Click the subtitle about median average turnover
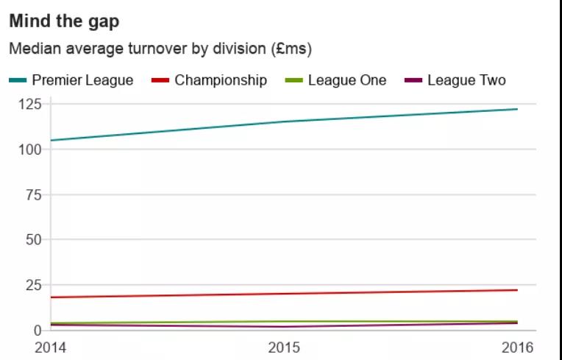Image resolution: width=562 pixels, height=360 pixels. (160, 50)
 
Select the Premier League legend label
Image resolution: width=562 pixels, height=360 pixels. (82, 80)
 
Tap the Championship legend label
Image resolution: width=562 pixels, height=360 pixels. (221, 80)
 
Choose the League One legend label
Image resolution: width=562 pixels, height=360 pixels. (346, 80)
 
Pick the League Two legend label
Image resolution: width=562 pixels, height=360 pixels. (466, 80)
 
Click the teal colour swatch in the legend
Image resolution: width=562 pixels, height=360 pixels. (18, 80)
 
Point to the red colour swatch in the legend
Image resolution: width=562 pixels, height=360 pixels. (160, 80)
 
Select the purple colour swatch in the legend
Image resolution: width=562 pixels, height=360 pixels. (413, 80)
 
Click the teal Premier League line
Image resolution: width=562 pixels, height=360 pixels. (284, 121)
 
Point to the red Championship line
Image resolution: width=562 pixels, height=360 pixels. (284, 294)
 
